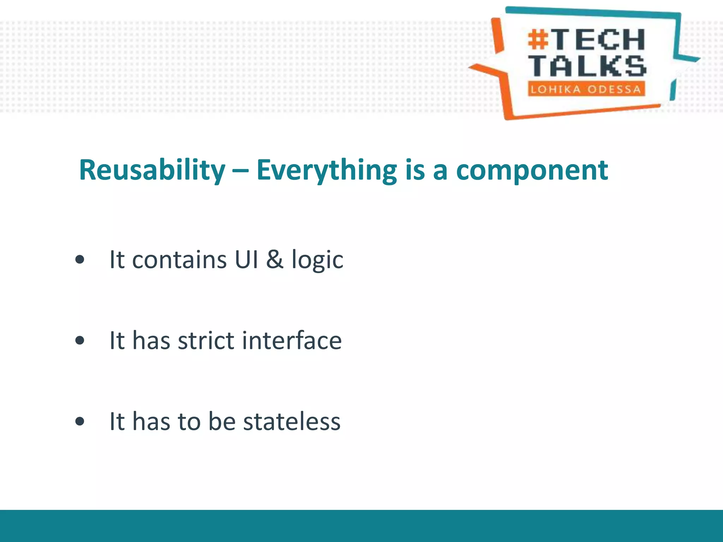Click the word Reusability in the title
[x=152, y=170]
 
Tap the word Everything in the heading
[x=327, y=170]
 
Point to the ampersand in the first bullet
[x=275, y=259]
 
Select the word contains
[x=179, y=260]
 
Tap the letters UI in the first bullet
[x=246, y=260]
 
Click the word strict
[x=206, y=341]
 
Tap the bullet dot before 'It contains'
[x=80, y=260]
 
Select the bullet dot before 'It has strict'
[x=80, y=341]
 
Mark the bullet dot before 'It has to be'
[x=80, y=421]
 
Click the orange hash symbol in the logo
[x=538, y=40]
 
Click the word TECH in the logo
[x=598, y=40]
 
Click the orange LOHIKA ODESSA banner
[x=586, y=89]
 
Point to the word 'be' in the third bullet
[x=222, y=421]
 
